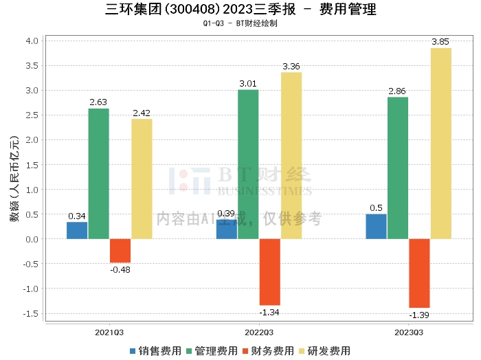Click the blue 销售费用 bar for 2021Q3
tap(77, 230)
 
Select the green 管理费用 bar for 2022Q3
tap(248, 164)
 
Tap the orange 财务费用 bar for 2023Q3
tap(419, 273)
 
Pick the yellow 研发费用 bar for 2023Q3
tap(441, 144)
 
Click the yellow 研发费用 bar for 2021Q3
tap(142, 179)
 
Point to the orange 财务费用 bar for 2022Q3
tap(269, 271)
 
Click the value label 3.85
tap(440, 42)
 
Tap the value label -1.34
tap(269, 313)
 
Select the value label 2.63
tap(98, 102)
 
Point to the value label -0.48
tap(120, 269)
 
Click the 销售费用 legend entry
tap(155, 350)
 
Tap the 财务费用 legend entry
tap(268, 350)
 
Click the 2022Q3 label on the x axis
tap(259, 332)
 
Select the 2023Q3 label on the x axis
tap(409, 332)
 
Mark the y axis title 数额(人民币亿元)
tap(13, 179)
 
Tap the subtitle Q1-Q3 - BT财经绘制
tap(240, 23)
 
